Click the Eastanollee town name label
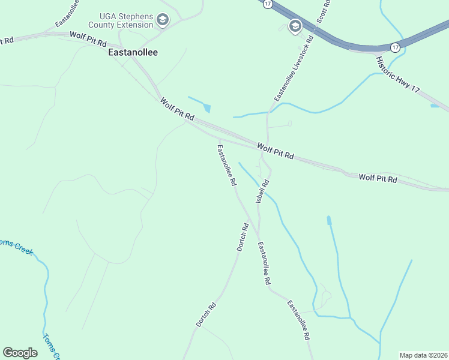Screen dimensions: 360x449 click(x=133, y=52)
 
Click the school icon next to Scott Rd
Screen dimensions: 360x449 click(x=295, y=26)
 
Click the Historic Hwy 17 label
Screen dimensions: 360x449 click(x=397, y=74)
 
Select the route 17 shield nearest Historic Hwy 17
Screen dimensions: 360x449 click(x=394, y=47)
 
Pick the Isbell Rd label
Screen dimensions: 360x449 click(x=263, y=191)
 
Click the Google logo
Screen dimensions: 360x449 click(x=20, y=353)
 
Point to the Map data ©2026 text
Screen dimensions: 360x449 click(x=423, y=355)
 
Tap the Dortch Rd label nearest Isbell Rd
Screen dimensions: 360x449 click(x=242, y=237)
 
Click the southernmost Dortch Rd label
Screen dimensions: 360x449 click(x=205, y=314)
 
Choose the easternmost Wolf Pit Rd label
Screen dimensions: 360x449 click(x=378, y=178)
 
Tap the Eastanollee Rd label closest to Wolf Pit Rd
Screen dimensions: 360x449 click(x=226, y=165)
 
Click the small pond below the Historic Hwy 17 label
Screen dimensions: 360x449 click(x=434, y=106)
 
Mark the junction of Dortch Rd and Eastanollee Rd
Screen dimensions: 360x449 click(x=257, y=232)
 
